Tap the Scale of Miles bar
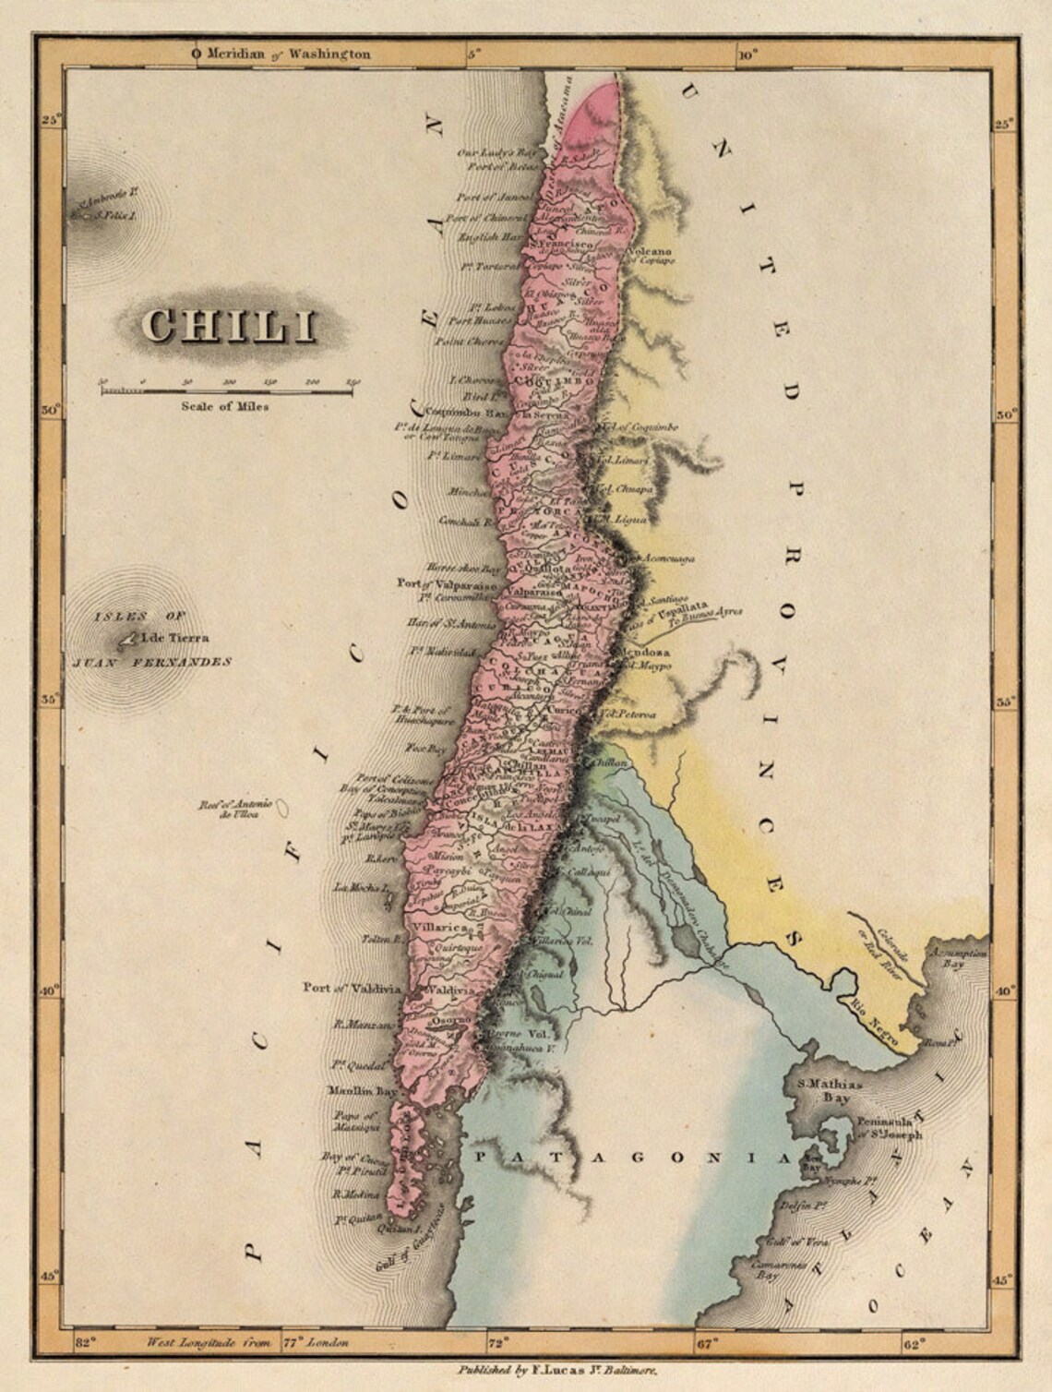227,391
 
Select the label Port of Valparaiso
447,583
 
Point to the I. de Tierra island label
175,637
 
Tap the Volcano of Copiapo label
652,256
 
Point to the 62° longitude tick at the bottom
912,1344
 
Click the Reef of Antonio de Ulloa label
226,810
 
